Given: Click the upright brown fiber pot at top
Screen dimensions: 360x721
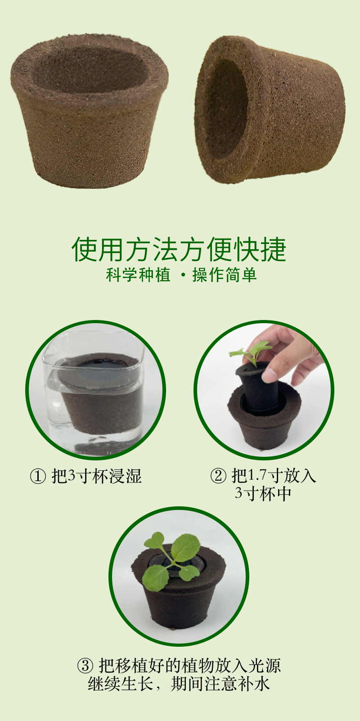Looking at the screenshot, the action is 90,111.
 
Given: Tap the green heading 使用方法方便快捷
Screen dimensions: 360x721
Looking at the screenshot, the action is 179,249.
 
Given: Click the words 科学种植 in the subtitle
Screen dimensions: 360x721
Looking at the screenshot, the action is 138,275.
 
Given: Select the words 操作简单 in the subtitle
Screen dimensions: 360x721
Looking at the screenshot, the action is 225,275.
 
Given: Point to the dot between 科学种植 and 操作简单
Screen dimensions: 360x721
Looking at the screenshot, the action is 184,275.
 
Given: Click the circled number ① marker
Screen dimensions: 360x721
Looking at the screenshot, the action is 38,476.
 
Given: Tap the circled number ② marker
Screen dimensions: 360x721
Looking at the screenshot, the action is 218,476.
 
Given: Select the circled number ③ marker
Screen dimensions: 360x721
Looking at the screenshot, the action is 85,666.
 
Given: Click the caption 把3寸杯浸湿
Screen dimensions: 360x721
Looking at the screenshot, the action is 96,476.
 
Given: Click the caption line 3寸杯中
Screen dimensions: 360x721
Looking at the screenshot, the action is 263,494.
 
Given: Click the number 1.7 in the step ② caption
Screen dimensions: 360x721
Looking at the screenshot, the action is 258,475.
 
